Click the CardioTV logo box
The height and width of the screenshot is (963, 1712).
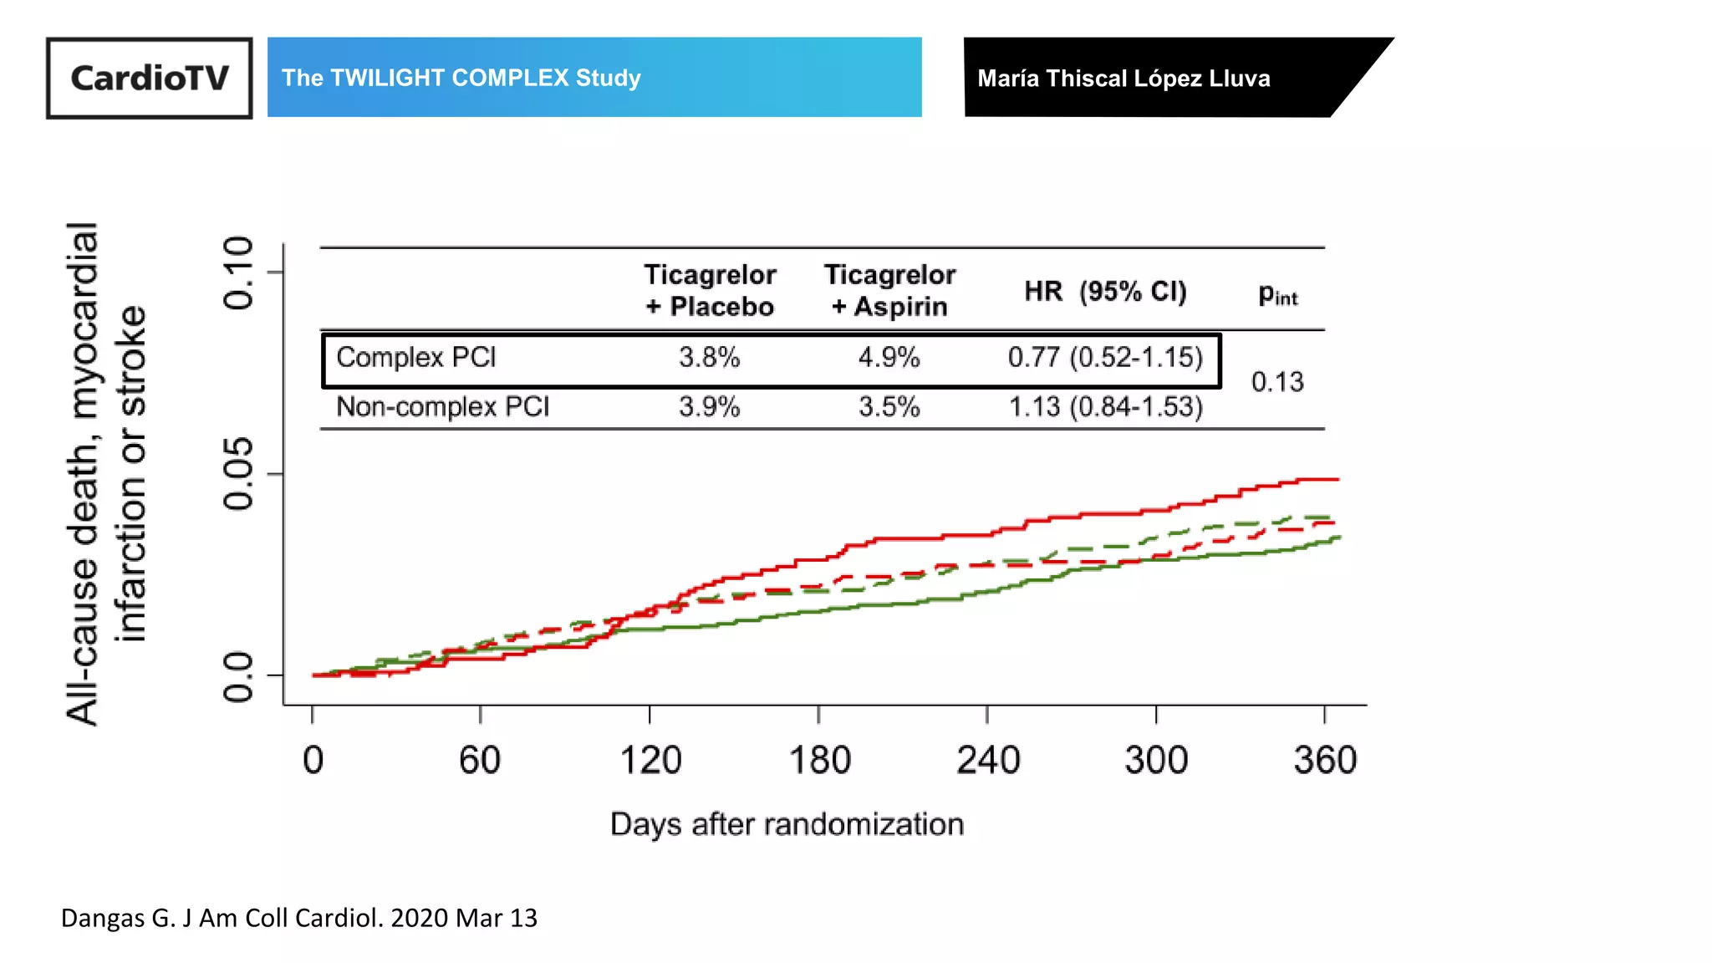pos(149,78)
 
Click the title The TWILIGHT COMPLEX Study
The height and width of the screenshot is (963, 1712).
pos(461,78)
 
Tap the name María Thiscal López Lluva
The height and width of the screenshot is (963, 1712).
pos(1123,79)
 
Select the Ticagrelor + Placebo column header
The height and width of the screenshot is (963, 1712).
pos(710,290)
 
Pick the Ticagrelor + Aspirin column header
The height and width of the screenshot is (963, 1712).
pos(889,290)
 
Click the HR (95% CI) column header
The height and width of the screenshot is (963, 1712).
pos(1105,291)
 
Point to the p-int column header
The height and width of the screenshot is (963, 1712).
pos(1277,294)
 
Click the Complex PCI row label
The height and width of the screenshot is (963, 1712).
pos(416,358)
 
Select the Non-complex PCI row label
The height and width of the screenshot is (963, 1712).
pos(442,407)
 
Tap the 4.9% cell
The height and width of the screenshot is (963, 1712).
pos(889,358)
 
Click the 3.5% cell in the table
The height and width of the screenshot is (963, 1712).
pos(889,407)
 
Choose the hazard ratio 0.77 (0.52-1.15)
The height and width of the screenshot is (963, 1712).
pos(1105,358)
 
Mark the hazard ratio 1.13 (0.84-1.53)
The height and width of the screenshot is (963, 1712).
pos(1105,407)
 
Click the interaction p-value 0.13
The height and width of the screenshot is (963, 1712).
pos(1276,382)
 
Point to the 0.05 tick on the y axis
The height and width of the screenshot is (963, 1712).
pos(238,473)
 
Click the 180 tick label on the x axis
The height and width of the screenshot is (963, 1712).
pos(819,760)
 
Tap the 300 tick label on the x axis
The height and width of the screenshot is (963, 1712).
pos(1156,760)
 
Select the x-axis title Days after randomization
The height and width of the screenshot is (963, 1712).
pos(787,824)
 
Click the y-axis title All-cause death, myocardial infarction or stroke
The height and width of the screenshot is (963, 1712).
pos(106,473)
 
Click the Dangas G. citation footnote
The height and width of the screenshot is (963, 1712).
pos(299,918)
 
